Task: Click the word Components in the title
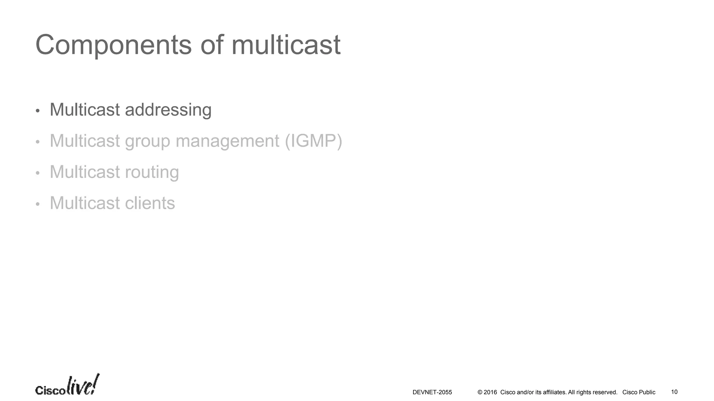113,45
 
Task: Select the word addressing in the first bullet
168,110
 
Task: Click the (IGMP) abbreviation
313,141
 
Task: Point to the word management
227,141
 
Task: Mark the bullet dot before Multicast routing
38,173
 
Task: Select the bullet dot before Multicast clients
38,204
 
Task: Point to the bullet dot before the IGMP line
38,142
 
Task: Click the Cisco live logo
67,386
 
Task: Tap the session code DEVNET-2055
432,392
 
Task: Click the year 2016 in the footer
490,392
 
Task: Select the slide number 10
674,392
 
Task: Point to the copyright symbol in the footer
480,392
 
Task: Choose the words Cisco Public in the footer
639,392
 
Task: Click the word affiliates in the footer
554,392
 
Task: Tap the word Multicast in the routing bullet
85,172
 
